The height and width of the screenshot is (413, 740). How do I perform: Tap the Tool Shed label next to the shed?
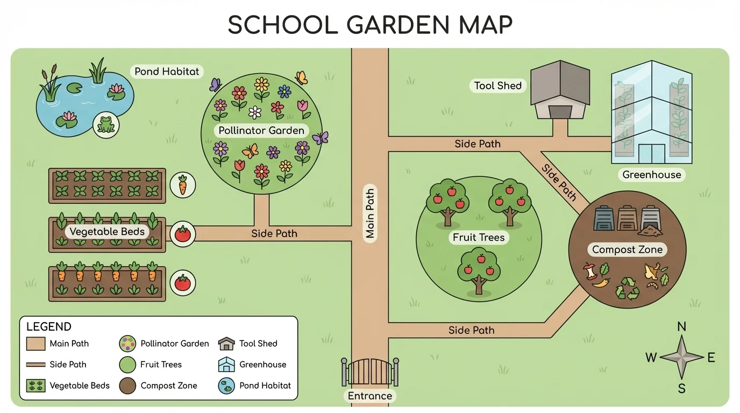pyautogui.click(x=497, y=86)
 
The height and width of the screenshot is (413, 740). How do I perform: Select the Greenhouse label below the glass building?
pyautogui.click(x=651, y=175)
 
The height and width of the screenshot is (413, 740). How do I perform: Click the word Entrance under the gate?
pyautogui.click(x=370, y=396)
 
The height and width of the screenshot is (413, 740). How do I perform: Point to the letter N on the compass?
pyautogui.click(x=681, y=327)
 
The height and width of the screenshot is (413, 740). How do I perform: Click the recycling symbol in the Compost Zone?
pyautogui.click(x=627, y=288)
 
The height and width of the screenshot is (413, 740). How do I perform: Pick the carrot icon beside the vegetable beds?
pyautogui.click(x=182, y=184)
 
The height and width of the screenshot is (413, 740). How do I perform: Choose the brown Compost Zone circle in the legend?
pyautogui.click(x=127, y=386)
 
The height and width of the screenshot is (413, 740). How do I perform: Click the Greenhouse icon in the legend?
pyautogui.click(x=226, y=365)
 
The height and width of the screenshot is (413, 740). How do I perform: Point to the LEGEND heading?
pyautogui.click(x=49, y=327)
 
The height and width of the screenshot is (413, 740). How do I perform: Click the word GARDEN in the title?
pyautogui.click(x=371, y=25)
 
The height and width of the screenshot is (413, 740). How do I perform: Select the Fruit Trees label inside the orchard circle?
pyautogui.click(x=479, y=237)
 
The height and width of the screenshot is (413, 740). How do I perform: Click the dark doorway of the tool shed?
pyautogui.click(x=560, y=112)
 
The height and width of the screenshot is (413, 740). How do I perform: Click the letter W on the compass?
pyautogui.click(x=651, y=358)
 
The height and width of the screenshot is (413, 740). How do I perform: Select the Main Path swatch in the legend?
pyautogui.click(x=36, y=344)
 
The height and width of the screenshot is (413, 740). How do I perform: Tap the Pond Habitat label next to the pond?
pyautogui.click(x=167, y=72)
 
